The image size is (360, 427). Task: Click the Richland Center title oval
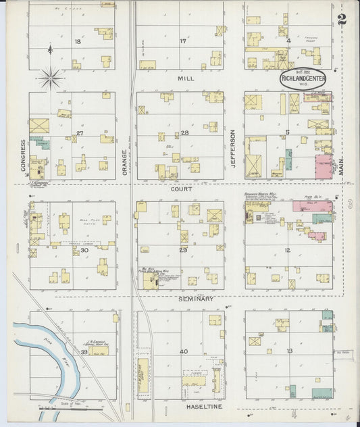tap(303, 79)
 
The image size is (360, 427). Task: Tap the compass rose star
tap(51, 78)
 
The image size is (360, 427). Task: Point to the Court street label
tap(181, 190)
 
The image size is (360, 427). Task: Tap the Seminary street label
tap(196, 299)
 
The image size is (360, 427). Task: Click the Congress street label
tap(23, 155)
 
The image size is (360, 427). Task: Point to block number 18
tap(78, 42)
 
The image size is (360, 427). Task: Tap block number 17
tap(182, 42)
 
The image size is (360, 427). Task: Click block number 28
tap(184, 133)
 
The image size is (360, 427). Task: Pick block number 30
tap(84, 250)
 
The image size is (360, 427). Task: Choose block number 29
tap(182, 250)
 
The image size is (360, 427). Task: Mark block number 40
tap(183, 352)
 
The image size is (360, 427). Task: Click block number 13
tap(289, 351)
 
